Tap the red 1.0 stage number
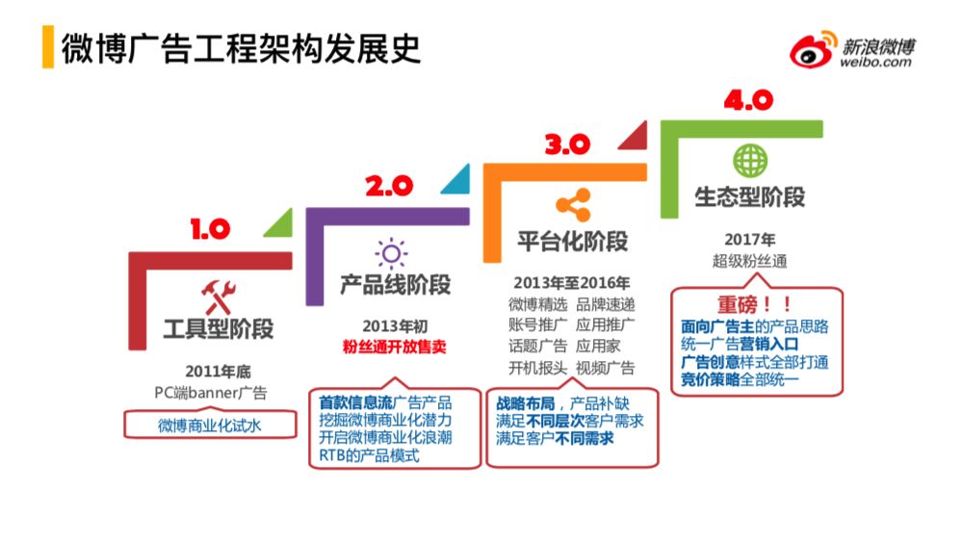(210, 229)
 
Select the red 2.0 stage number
(389, 186)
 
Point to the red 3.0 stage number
(567, 143)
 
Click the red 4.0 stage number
(748, 100)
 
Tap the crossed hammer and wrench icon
(219, 297)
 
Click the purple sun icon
(391, 253)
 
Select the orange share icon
(573, 204)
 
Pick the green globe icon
(750, 161)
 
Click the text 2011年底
(219, 372)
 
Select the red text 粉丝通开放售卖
(394, 347)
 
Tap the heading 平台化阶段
(572, 241)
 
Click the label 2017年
(749, 240)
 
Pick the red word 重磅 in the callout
(737, 304)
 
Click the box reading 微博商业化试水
(210, 425)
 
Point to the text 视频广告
(605, 368)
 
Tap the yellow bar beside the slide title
(48, 46)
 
